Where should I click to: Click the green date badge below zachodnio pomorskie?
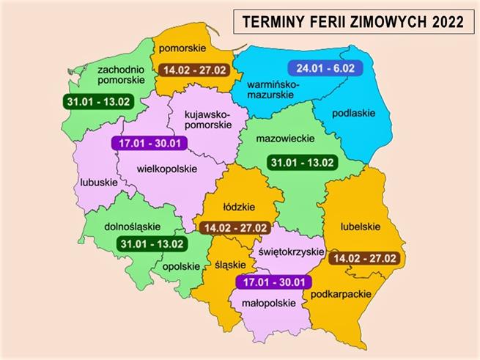coord(97,101)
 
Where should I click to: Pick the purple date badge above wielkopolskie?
coord(146,143)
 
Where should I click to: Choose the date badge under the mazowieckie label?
coord(301,162)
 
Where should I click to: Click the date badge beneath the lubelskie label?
coord(363,258)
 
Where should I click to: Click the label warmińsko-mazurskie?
coord(273,91)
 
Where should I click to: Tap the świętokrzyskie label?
coord(290,251)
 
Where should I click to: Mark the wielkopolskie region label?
coord(167,168)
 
